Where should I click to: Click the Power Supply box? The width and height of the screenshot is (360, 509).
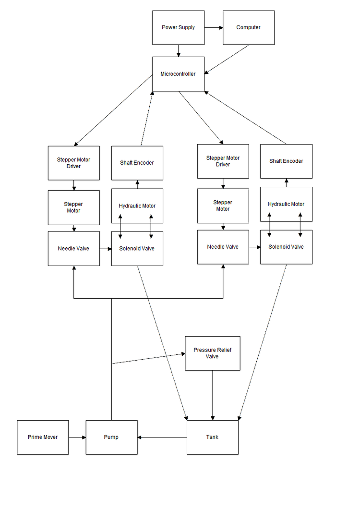click(178, 28)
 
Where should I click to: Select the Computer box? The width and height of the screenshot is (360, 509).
click(249, 28)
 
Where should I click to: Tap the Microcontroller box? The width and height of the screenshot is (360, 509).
click(178, 74)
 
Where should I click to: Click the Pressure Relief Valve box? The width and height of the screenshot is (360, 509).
click(212, 353)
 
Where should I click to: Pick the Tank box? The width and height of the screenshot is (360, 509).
click(212, 437)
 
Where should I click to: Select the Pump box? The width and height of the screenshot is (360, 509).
click(111, 437)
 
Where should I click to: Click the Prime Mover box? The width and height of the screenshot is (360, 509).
click(43, 437)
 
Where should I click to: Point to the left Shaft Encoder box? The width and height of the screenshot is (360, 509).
click(137, 163)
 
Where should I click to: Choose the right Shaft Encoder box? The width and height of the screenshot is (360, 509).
click(286, 161)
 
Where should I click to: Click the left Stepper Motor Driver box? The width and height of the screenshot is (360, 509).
click(74, 163)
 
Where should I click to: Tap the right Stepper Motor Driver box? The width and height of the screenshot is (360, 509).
click(223, 161)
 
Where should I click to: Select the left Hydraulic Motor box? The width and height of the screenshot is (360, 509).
click(137, 206)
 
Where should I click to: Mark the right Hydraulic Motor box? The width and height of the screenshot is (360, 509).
click(286, 204)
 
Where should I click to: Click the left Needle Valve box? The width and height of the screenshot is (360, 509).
click(74, 248)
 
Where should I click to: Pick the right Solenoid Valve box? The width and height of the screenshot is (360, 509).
click(286, 247)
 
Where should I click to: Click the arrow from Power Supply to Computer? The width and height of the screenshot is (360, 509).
click(213, 28)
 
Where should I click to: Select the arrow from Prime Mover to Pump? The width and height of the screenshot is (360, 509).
click(77, 437)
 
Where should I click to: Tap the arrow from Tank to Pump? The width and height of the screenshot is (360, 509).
click(162, 437)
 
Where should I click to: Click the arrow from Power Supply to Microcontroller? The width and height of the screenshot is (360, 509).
click(179, 51)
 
